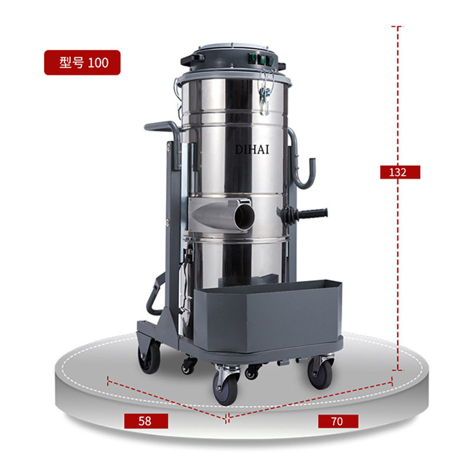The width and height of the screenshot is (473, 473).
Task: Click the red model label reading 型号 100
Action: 82,63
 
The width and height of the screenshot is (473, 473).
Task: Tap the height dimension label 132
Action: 400,172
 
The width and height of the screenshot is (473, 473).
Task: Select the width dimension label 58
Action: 146,421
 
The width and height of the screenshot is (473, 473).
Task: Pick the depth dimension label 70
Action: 338,421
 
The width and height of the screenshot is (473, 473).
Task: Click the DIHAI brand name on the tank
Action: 252,150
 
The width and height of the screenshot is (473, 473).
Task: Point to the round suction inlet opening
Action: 244,215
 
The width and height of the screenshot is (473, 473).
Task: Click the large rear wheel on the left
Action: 149,358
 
